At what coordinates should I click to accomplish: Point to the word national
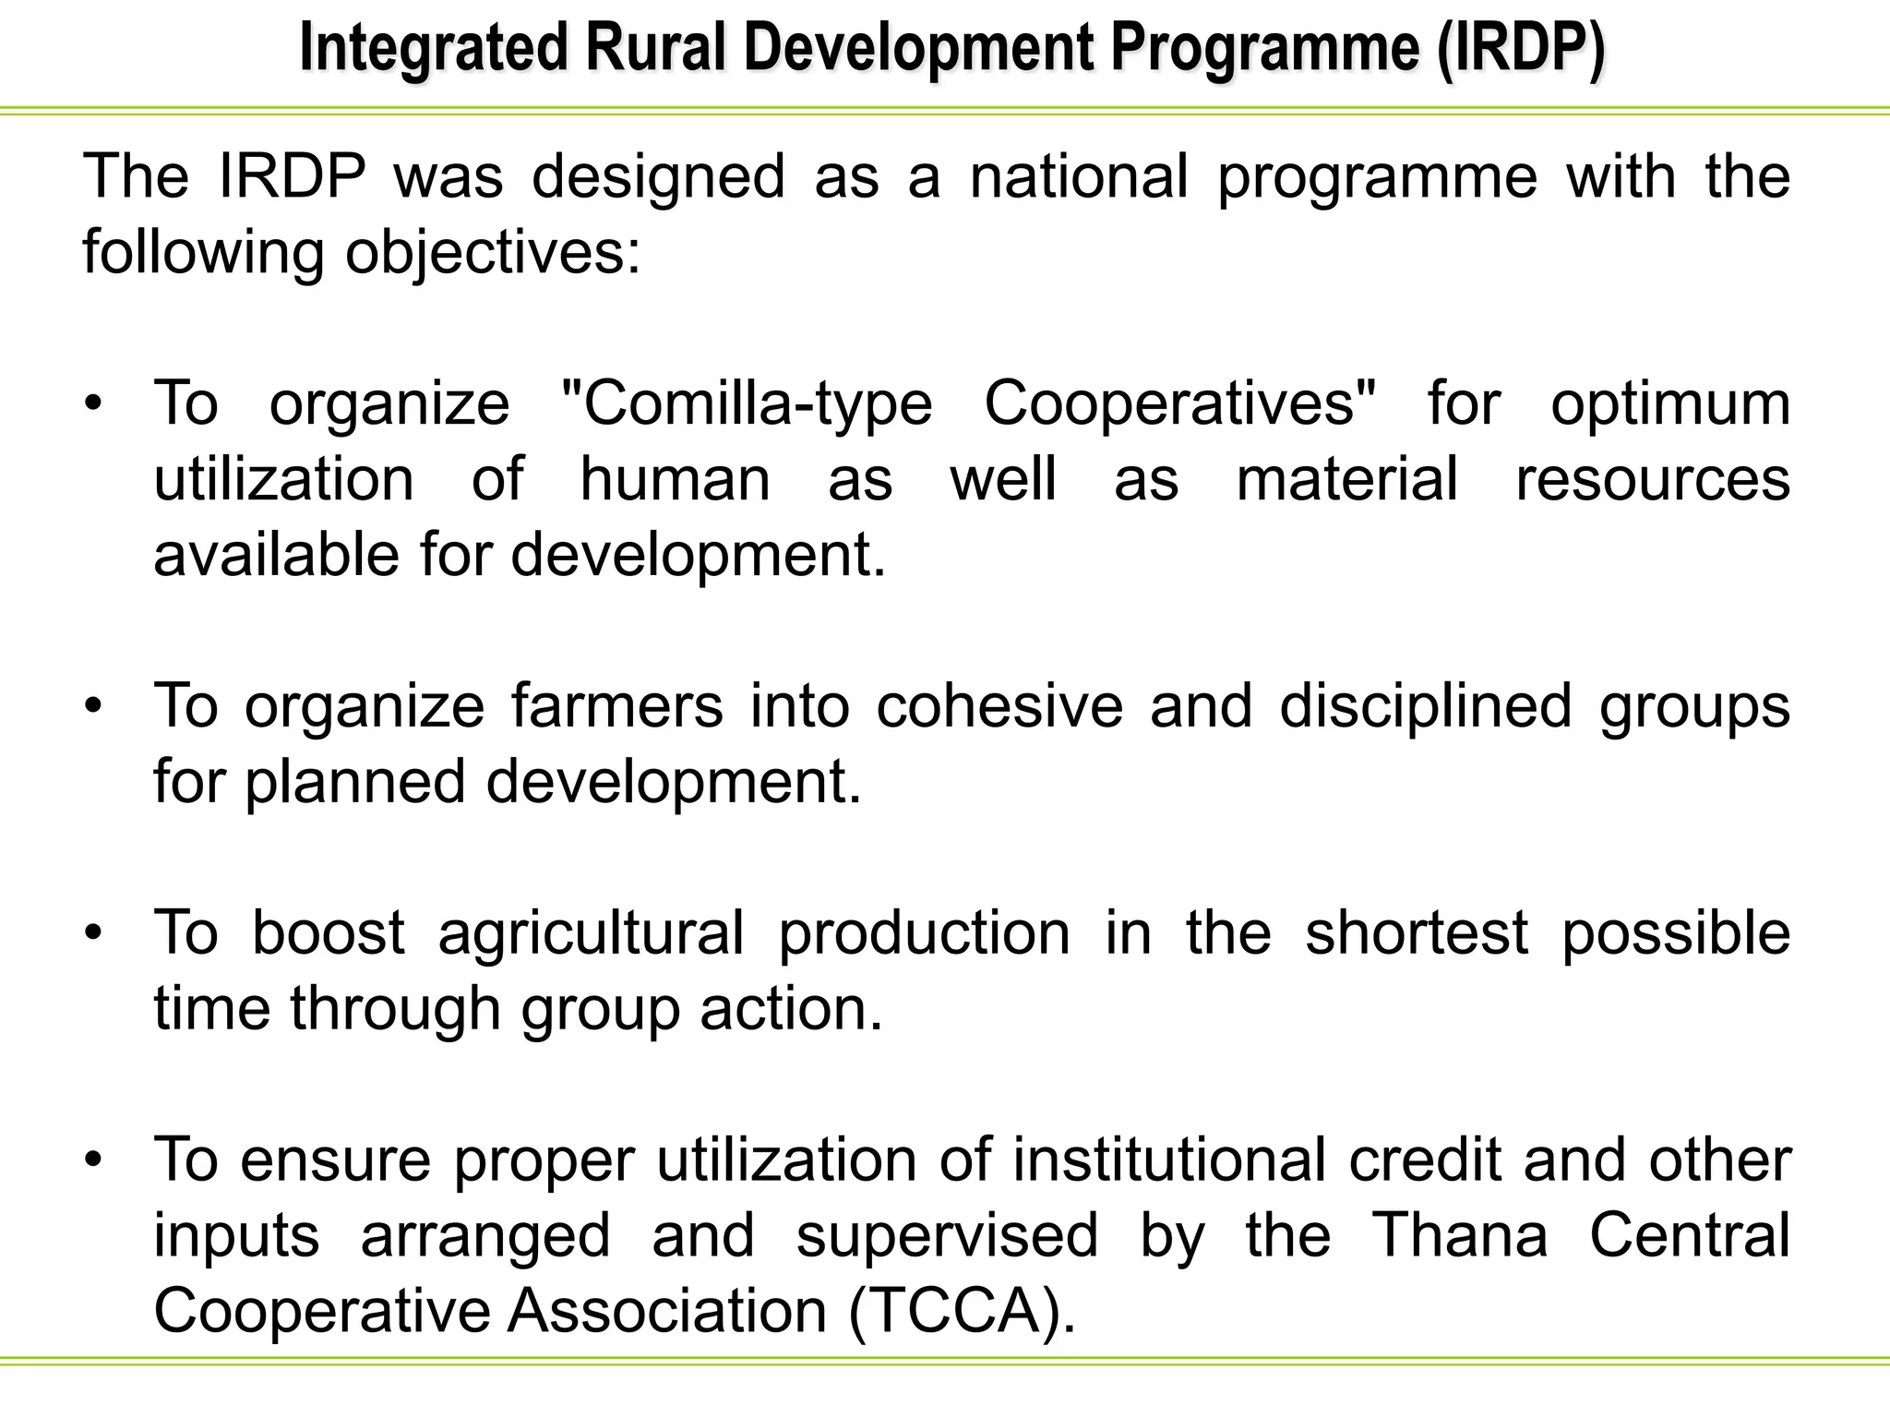1079,176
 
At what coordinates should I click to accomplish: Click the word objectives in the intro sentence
492,252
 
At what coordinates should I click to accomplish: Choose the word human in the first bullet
675,479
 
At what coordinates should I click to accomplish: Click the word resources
1653,479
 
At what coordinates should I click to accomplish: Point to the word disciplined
1425,706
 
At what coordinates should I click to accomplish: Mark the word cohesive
999,706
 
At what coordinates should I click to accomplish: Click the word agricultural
591,932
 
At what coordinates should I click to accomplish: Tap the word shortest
1417,932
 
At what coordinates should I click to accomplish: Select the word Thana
1459,1235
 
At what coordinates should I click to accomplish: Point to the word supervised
947,1235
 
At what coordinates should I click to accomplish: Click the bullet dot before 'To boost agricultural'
92,933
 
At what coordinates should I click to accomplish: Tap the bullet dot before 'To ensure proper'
92,1160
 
